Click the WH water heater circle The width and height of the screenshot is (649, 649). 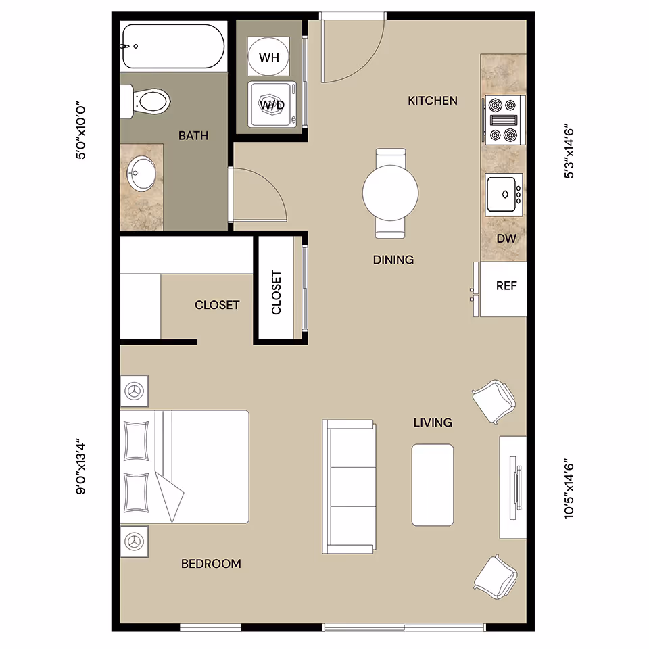(x=269, y=57)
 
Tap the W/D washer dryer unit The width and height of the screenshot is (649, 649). (x=271, y=104)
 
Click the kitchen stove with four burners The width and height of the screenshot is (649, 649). (x=504, y=119)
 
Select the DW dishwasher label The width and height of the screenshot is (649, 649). (x=506, y=239)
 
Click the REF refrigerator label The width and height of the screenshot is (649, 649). (x=506, y=286)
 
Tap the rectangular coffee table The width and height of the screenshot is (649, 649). (x=433, y=484)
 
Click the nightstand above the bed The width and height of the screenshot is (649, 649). (x=135, y=391)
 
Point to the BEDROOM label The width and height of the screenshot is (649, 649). (x=211, y=563)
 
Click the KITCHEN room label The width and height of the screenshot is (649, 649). (x=433, y=101)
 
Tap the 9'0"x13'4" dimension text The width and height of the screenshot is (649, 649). (x=82, y=478)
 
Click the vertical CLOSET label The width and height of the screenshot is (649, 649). (x=276, y=293)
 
